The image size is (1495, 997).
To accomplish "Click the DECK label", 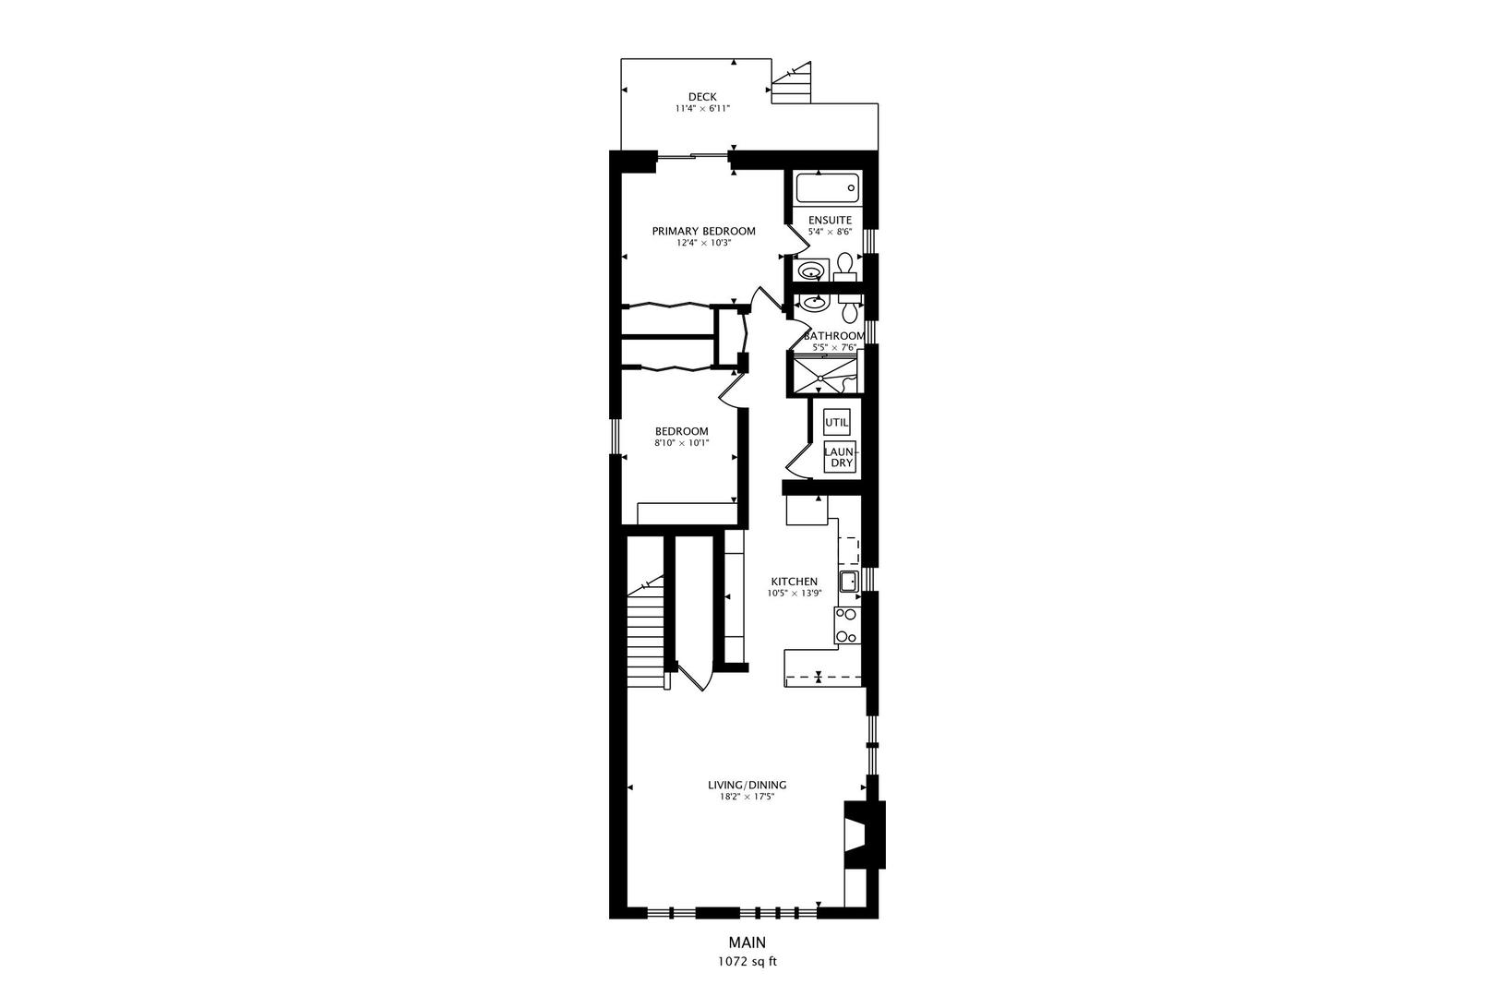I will (x=702, y=97).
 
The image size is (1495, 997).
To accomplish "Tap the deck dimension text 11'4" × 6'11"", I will (x=702, y=109).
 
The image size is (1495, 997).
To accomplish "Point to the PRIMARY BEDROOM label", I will (x=703, y=231).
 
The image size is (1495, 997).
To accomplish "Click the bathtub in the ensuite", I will (x=828, y=189).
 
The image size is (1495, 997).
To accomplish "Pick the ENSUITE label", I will (x=830, y=220).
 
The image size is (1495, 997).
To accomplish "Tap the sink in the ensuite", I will (x=811, y=271).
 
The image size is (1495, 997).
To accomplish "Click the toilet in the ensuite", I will (x=843, y=271).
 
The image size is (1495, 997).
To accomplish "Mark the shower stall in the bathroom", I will (x=822, y=376).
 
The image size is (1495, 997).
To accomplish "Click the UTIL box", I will (x=836, y=422).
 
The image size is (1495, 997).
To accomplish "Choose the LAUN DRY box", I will (x=841, y=457).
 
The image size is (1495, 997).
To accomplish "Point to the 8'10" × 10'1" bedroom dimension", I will (x=681, y=443).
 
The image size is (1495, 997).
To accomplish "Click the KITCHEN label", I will (x=795, y=582).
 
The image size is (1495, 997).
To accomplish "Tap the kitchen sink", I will (x=848, y=581).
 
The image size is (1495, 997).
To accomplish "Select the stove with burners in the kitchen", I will (x=845, y=625).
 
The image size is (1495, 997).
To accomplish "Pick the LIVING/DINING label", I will (x=747, y=786).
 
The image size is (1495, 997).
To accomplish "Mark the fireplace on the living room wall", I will (x=864, y=835).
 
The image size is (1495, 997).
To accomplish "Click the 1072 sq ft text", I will (x=747, y=961).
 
